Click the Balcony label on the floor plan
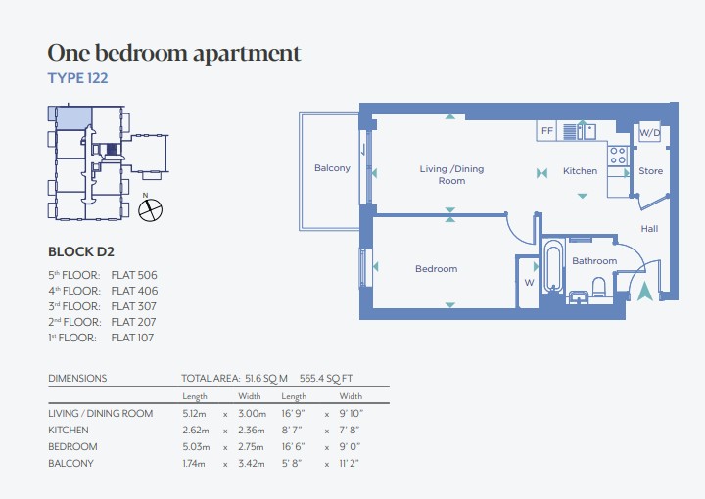click(332, 168)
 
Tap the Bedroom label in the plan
click(436, 269)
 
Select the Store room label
click(650, 170)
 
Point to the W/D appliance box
click(650, 132)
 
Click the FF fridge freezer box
click(546, 131)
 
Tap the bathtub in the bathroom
click(552, 266)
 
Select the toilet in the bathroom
click(599, 288)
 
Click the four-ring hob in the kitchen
click(618, 156)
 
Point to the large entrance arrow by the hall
click(645, 291)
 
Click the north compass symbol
click(150, 209)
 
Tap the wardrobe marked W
click(529, 282)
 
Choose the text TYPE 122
click(77, 78)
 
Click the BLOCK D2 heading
click(81, 251)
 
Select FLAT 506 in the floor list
click(134, 275)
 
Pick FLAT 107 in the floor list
click(132, 338)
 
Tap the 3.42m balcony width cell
click(252, 463)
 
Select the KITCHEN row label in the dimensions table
click(69, 430)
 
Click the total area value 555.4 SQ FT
click(326, 379)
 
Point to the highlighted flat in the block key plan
click(72, 117)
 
